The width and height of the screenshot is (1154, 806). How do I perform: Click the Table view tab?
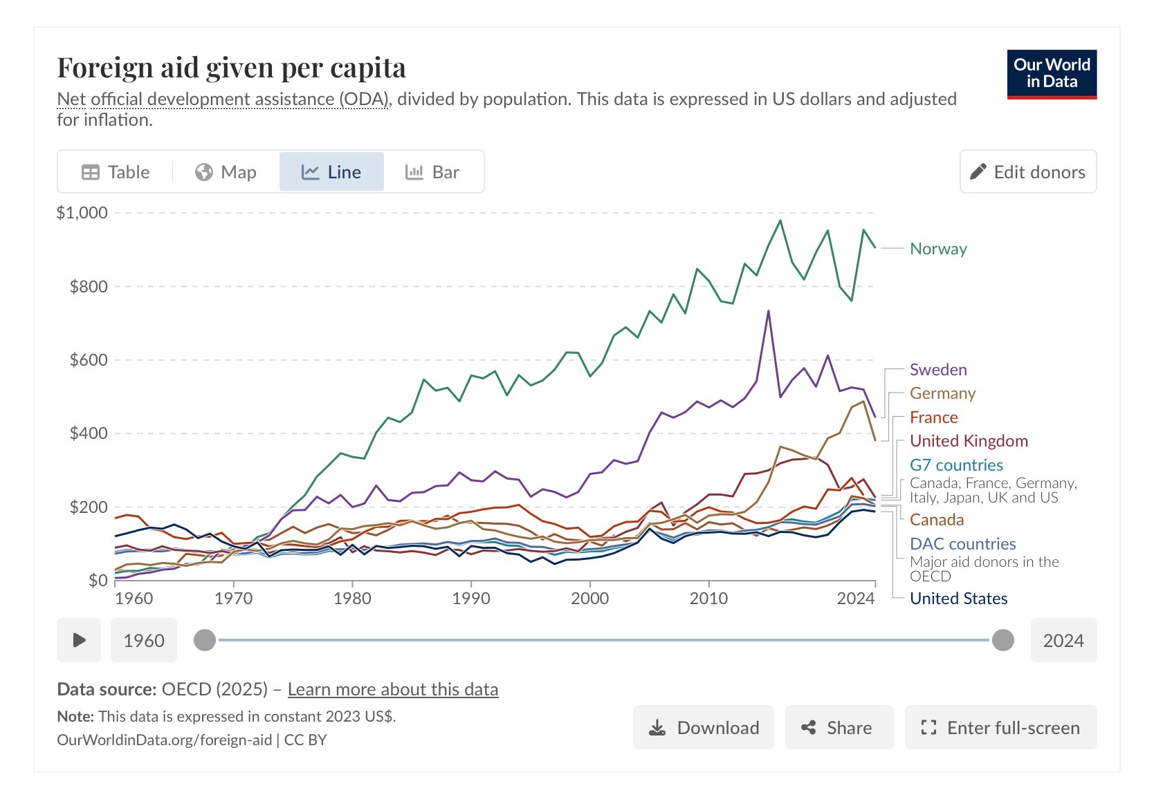[116, 172]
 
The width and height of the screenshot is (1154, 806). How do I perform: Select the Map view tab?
[226, 172]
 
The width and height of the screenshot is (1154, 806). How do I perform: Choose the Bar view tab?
[432, 172]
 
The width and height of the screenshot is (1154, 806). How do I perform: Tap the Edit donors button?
[1027, 172]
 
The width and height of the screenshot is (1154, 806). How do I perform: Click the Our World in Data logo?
[1052, 74]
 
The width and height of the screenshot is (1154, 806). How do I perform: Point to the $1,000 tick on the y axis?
[82, 213]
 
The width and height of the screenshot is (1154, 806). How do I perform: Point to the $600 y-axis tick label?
[89, 360]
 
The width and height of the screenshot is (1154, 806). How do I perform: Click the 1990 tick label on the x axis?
[471, 599]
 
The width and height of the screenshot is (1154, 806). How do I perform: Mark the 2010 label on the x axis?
[708, 599]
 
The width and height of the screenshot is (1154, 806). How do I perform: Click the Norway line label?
[938, 249]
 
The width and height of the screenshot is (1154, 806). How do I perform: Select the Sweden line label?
[938, 370]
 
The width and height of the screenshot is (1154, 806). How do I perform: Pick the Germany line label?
[942, 393]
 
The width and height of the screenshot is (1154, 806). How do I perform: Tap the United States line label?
[958, 599]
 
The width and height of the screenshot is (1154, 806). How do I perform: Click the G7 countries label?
[956, 465]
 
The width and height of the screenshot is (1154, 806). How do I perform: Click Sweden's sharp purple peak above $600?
[768, 312]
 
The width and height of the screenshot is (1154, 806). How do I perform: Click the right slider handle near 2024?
[1002, 640]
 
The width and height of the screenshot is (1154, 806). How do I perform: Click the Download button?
[703, 728]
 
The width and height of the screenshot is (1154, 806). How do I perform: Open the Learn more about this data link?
[392, 690]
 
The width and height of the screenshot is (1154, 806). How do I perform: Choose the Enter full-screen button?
[1000, 728]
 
